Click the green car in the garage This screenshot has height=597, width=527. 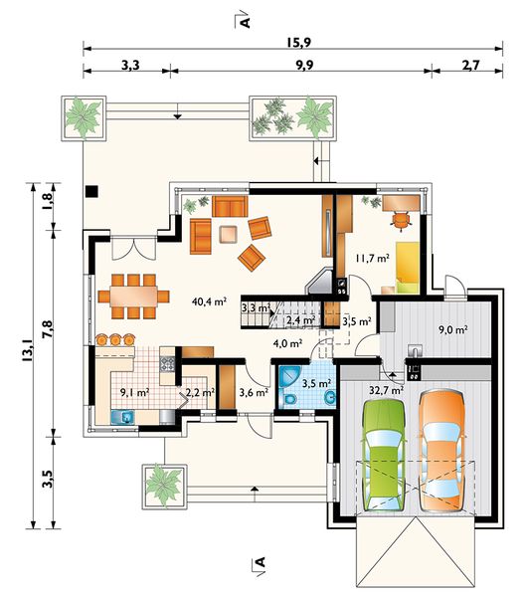(384, 455)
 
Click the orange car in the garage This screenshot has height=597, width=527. (441, 450)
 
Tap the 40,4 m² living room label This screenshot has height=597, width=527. (209, 301)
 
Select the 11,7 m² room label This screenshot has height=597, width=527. (373, 258)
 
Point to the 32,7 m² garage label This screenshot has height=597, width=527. (387, 390)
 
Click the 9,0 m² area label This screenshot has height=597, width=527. (453, 329)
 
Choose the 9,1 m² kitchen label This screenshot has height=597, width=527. (134, 392)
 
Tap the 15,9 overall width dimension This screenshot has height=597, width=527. (298, 43)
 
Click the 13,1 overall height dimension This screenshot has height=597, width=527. (28, 350)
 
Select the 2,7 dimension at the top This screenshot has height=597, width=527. (470, 66)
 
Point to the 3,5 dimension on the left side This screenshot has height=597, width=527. (47, 479)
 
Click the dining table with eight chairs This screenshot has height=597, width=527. (133, 297)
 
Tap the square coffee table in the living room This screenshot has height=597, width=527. (229, 234)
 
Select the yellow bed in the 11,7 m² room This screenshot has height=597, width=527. (408, 268)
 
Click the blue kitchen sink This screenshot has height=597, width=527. (122, 417)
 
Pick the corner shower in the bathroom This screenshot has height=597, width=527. (289, 377)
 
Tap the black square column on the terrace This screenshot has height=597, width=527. (91, 191)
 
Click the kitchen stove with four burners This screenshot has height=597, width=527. (167, 364)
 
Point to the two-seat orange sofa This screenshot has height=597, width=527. (230, 206)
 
